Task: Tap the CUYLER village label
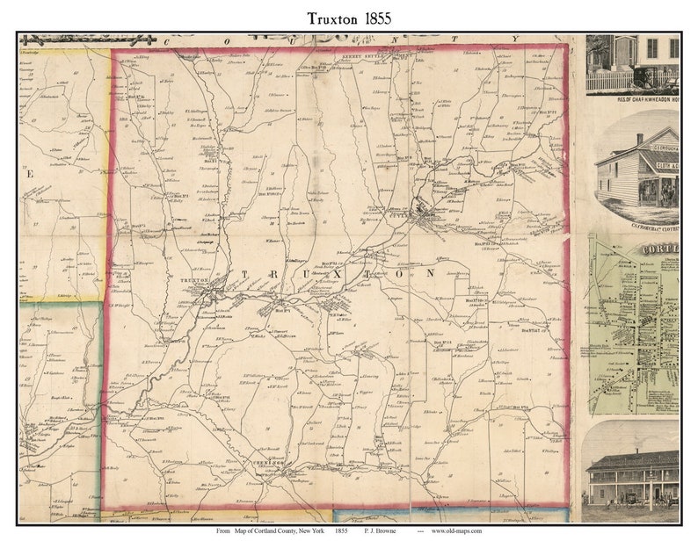(420, 216)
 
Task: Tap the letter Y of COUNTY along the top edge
(515, 39)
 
